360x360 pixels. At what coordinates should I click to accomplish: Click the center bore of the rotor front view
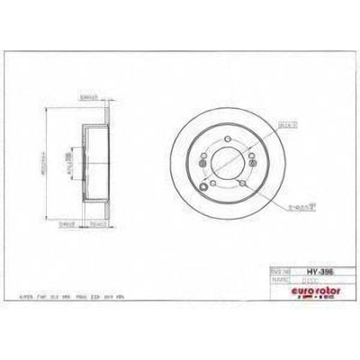click(x=224, y=167)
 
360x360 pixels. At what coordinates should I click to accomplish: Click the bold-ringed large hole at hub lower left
click(x=209, y=187)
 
